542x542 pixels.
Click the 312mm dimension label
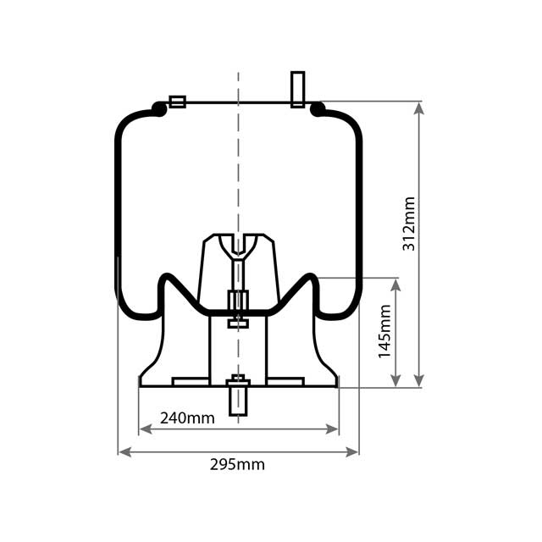(409, 224)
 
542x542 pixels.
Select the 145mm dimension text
(385, 331)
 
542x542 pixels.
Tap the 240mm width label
(187, 418)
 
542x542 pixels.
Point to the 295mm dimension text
(237, 464)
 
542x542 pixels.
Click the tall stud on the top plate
(297, 89)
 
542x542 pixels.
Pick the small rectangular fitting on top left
(177, 102)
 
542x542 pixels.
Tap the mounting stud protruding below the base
(238, 398)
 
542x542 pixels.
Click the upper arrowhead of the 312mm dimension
(419, 108)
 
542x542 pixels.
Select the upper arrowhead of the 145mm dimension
(395, 284)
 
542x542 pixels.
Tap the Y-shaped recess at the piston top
(238, 246)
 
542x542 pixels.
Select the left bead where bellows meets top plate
(158, 108)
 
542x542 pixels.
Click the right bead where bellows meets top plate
(318, 108)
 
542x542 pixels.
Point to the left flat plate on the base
(191, 382)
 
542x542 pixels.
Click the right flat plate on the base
(285, 382)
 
